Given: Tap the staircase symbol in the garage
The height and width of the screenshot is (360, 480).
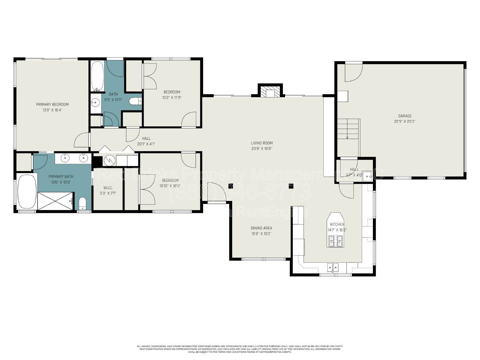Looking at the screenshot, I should pos(348,128).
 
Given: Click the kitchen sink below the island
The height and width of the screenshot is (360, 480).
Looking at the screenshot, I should pos(333,267).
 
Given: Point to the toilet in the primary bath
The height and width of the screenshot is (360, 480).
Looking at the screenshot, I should pos(82,204).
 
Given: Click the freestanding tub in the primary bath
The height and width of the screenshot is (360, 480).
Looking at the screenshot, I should pos(27,192).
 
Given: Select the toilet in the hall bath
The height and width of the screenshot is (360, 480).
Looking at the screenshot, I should pos(136,102).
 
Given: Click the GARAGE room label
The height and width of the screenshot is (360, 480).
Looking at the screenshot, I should pos(405,116).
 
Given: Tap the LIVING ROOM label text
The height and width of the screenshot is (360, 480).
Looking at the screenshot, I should pos(262,143).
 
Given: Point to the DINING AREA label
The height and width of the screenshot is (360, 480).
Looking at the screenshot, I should pos(261,228).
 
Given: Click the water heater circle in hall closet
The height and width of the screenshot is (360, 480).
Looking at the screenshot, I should pos(109,160).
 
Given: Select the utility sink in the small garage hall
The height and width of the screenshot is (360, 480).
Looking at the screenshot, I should pos(367,177).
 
